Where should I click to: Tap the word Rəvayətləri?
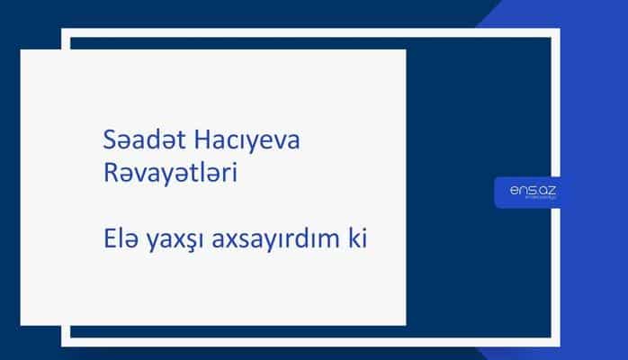pyautogui.click(x=170, y=173)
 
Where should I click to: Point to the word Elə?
pyautogui.click(x=122, y=240)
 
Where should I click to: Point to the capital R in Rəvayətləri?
pyautogui.click(x=111, y=173)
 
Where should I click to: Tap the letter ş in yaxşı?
pyautogui.click(x=195, y=243)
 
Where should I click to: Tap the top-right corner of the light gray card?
pyautogui.click(x=405, y=50)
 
